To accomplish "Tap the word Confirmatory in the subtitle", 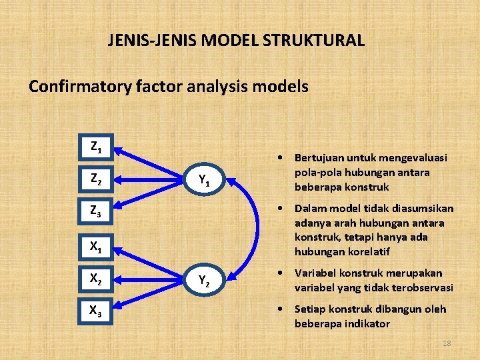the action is click(x=73, y=87).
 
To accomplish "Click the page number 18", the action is click(x=447, y=343).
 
